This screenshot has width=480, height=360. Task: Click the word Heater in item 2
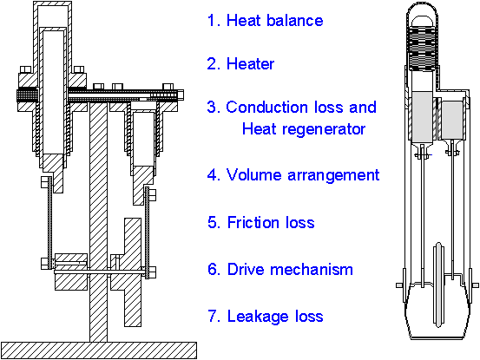pos(250,64)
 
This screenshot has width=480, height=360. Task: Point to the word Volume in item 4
pos(253,175)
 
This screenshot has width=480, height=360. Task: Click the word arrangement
pos(333,176)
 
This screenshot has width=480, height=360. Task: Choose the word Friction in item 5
pos(253,222)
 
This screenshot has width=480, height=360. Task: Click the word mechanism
pos(312,270)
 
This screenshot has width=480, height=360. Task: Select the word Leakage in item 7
pos(258,317)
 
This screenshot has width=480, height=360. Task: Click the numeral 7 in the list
pos(213,317)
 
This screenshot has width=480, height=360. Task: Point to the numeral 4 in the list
pos(212,175)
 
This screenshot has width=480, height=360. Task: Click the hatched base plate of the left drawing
pos(99,350)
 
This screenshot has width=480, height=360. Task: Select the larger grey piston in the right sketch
pos(422,117)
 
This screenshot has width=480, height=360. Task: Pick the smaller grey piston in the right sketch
pos(452,120)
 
